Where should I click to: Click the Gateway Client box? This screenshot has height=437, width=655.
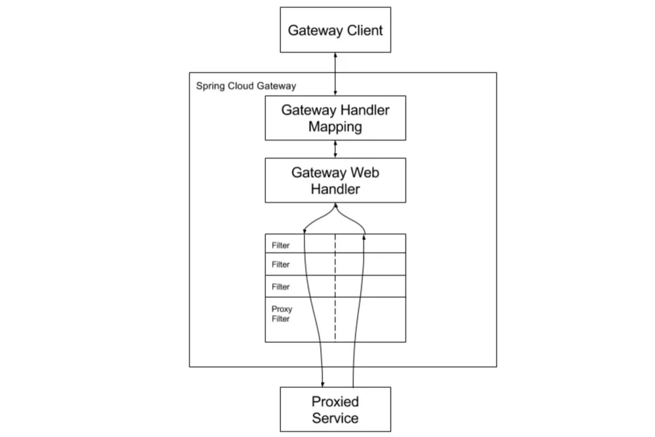335,29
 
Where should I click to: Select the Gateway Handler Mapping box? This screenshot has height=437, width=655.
335,118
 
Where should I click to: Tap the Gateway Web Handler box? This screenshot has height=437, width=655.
335,181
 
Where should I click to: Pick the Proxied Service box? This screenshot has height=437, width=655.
335,409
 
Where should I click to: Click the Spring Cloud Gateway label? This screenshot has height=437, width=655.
246,86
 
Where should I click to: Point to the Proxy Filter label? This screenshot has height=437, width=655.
282,314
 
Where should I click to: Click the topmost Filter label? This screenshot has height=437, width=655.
280,245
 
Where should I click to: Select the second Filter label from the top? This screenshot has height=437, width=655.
280,265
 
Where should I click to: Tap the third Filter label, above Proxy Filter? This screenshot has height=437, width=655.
280,287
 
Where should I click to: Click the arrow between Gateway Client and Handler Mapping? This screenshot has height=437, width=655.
335,74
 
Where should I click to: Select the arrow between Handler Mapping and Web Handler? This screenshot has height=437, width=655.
335,149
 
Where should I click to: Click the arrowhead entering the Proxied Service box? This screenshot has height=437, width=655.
322,384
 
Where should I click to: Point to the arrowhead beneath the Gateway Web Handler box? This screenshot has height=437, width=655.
335,206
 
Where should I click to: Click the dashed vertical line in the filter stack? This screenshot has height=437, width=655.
335,288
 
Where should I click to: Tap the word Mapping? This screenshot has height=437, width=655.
335,126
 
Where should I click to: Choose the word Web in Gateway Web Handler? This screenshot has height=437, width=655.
365,172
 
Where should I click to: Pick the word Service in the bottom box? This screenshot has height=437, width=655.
335,418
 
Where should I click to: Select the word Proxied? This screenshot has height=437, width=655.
335,402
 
